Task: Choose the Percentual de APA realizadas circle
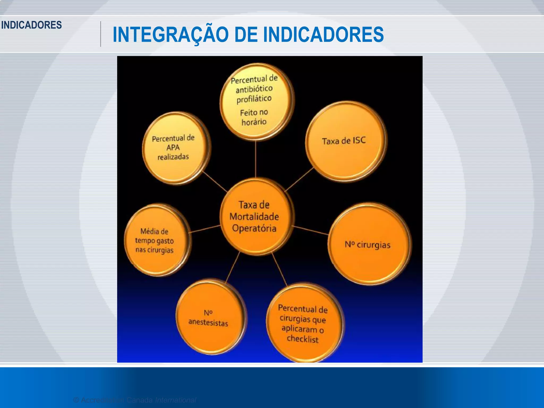pos(174,148)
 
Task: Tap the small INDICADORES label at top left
pos(31,25)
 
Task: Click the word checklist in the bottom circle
pos(303,339)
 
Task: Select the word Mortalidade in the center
pos(254,216)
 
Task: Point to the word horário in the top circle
pos(254,122)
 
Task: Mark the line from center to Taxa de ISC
pos(299,180)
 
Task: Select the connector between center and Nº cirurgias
pos(310,230)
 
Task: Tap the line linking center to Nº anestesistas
pos(233,267)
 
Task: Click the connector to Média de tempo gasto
pos(205,229)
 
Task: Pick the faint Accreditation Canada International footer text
pos(134,400)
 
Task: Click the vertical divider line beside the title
pos(101,34)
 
